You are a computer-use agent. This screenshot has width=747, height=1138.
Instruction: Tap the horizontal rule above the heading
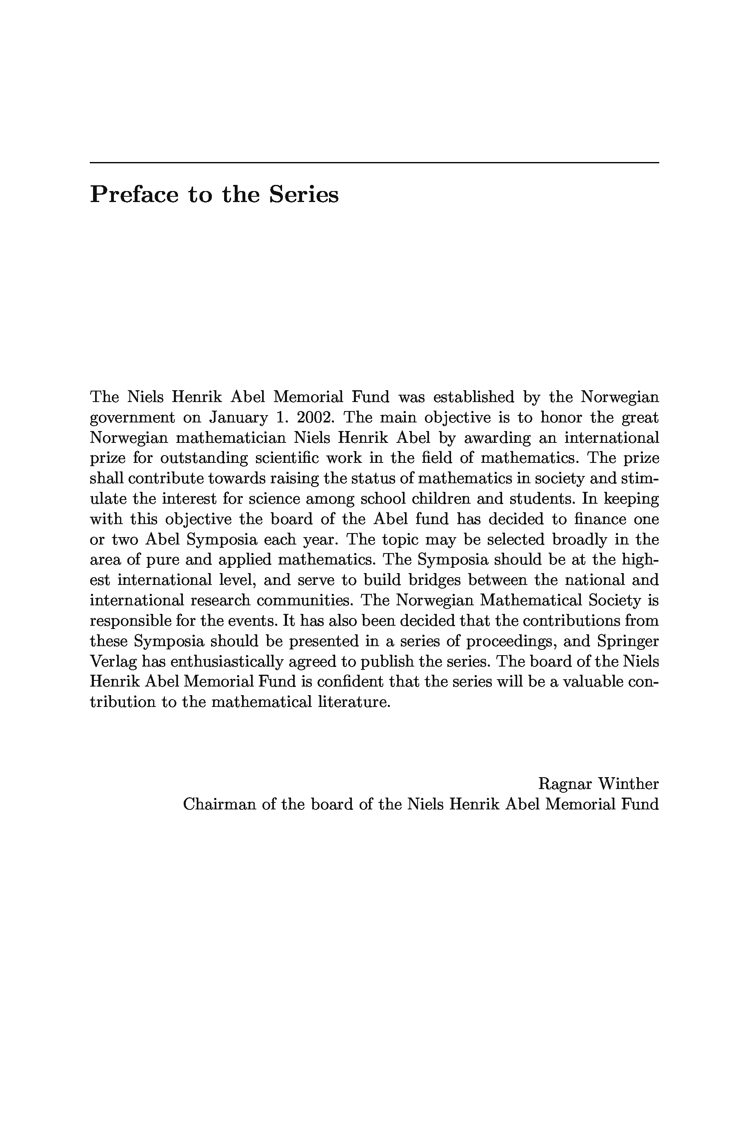[374, 162]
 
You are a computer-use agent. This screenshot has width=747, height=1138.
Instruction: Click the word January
[238, 418]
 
